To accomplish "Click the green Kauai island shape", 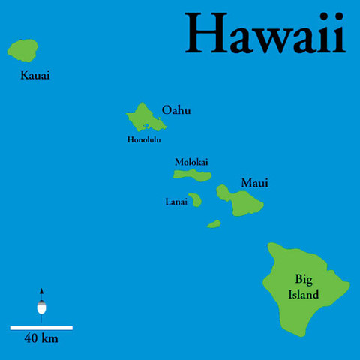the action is pos(23,50).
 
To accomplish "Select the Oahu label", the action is pos(176,110).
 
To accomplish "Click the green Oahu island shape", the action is pos(143,116).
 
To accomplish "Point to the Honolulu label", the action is pos(144,139).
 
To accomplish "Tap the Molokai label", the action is pos(191,162).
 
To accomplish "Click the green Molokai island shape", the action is pos(192,175).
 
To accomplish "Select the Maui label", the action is pos(254,183).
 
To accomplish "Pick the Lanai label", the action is pos(177,201).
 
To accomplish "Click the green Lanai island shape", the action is pos(196,200).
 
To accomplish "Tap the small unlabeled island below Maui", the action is pos(214,223).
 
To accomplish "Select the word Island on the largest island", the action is pos(304,294).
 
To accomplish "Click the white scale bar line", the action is pos(41,327).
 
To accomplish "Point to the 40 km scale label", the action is pos(41,338).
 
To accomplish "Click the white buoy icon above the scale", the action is pos(41,308).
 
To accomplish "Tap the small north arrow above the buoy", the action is pos(41,291).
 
